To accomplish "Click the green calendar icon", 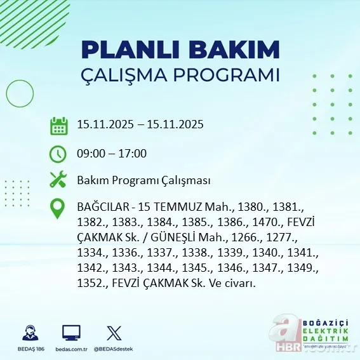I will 59,126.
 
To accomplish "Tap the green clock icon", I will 58,154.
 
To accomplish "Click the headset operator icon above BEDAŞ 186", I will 29,333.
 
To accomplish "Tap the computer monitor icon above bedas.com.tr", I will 71,333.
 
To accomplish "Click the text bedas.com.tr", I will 71,349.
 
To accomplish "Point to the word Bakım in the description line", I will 91,180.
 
